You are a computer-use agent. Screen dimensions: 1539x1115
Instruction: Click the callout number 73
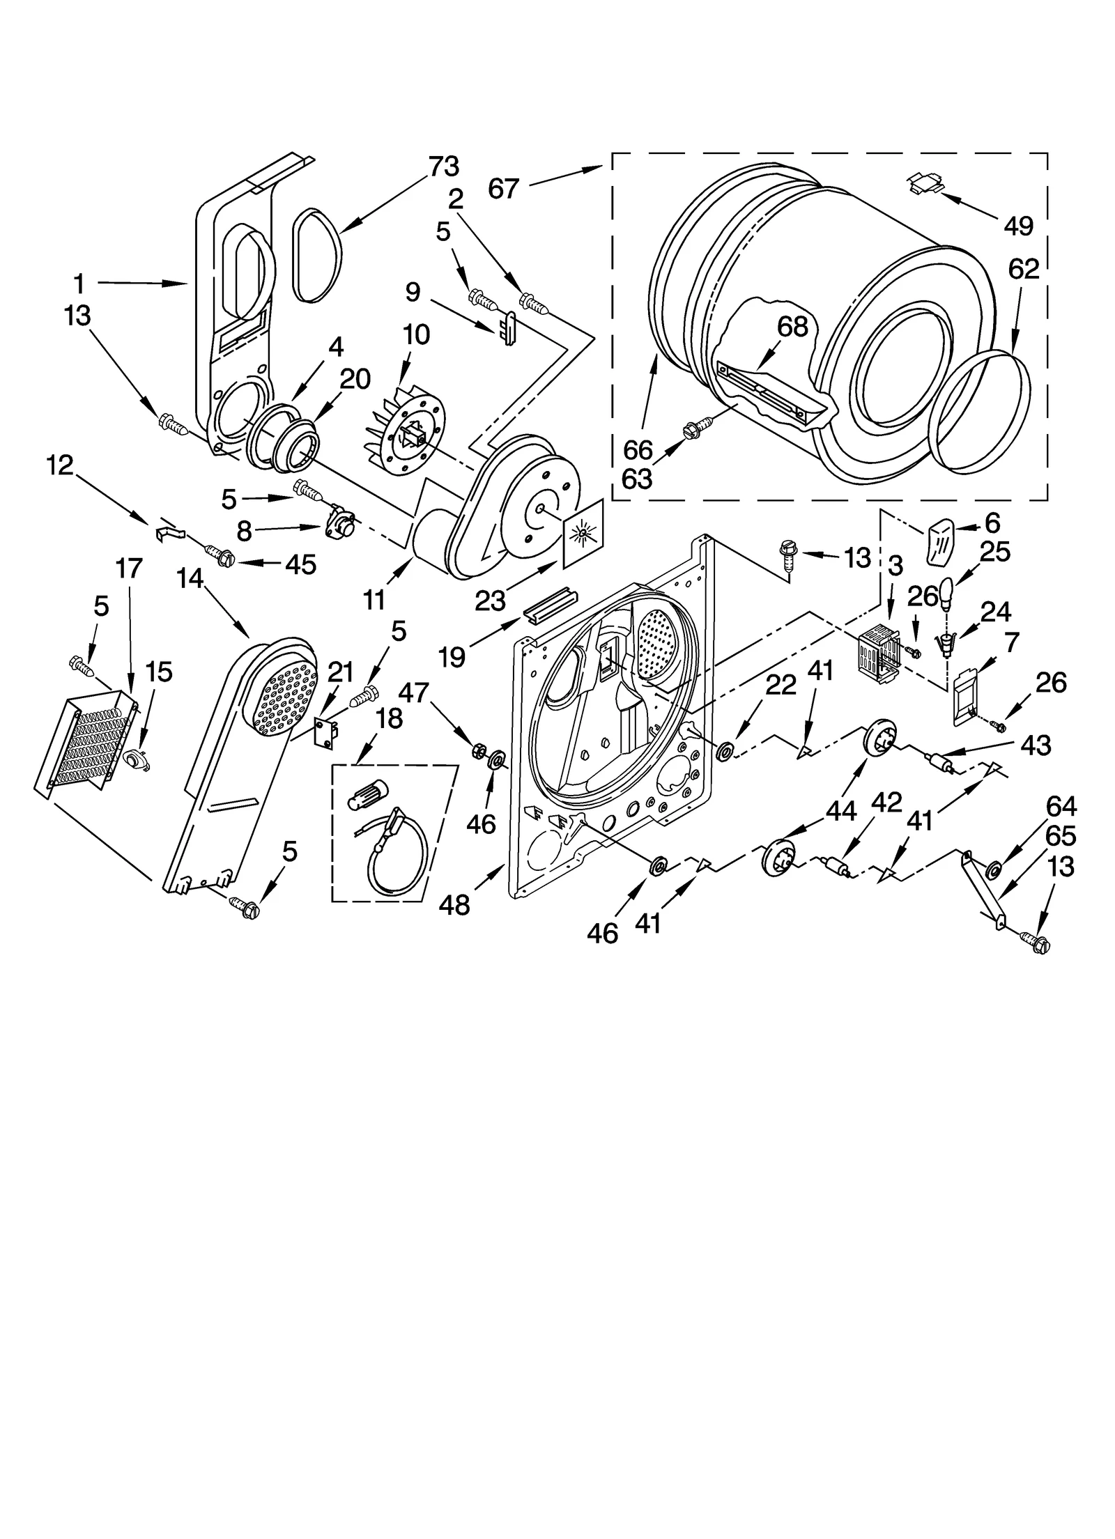coord(444,167)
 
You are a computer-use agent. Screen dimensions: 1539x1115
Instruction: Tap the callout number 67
coord(503,188)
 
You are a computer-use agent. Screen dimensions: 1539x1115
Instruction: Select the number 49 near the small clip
coord(1018,225)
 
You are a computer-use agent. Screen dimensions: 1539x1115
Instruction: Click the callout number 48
coord(454,905)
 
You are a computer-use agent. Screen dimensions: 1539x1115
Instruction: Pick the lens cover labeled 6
coord(941,540)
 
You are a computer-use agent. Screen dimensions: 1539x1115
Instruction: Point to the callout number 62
coord(1023,269)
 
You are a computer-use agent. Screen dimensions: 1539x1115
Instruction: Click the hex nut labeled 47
coord(479,750)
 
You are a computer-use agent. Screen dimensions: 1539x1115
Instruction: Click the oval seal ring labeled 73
coord(318,256)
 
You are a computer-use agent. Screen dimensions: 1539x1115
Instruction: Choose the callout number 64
coord(1061,806)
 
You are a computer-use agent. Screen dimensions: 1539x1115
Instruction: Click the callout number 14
coord(190,578)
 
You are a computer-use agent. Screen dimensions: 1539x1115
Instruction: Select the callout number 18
coord(388,718)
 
